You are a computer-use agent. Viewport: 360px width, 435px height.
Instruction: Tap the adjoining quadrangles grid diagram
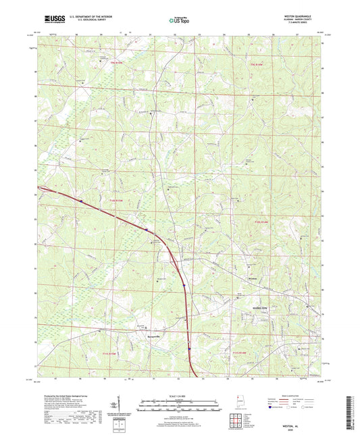click(238, 419)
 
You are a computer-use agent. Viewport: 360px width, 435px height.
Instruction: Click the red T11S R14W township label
click(261, 222)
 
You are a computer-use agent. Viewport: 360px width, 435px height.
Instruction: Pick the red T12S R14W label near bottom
click(240, 353)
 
